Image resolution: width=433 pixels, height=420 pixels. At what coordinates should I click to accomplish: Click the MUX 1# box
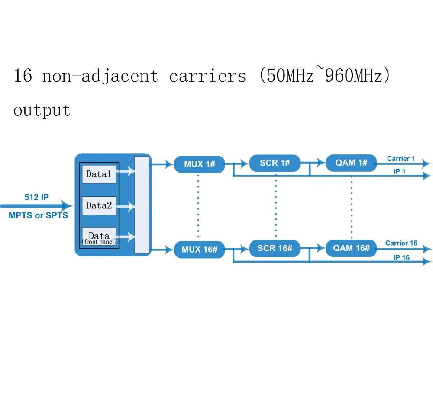(x=199, y=164)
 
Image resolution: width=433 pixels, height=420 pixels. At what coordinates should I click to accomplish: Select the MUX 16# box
(x=199, y=250)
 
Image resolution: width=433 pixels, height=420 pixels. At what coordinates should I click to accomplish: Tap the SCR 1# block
(x=275, y=163)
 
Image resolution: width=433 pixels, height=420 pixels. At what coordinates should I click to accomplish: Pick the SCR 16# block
(x=275, y=248)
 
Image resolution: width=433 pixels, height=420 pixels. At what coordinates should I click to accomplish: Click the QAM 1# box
(x=351, y=163)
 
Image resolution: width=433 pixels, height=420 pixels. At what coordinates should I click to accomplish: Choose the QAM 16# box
(x=351, y=248)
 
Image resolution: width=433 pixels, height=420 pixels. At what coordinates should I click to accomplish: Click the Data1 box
(x=99, y=174)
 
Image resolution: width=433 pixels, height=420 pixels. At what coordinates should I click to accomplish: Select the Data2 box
(x=99, y=206)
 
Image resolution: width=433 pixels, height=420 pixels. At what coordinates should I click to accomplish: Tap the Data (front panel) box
(x=99, y=237)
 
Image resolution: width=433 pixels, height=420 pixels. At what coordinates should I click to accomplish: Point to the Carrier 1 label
(x=401, y=159)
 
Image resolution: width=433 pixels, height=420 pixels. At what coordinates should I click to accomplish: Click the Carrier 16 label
(x=401, y=243)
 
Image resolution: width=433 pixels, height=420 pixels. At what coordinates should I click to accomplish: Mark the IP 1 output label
(x=399, y=171)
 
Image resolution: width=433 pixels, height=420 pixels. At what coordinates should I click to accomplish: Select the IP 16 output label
(x=401, y=257)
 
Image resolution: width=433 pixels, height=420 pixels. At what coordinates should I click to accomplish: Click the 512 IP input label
(x=36, y=197)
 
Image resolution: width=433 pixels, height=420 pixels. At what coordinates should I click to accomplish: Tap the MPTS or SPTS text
(x=38, y=215)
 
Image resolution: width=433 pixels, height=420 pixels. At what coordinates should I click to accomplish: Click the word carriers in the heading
(x=207, y=76)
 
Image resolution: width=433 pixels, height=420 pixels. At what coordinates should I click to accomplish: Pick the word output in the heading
(x=42, y=110)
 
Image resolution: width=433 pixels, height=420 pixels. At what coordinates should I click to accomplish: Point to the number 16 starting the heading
(x=23, y=75)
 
